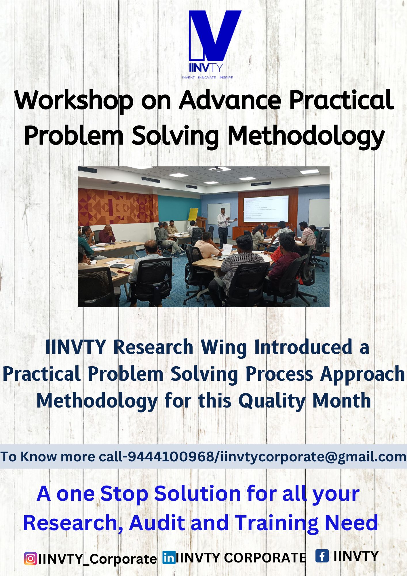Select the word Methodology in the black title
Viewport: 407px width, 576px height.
click(x=306, y=137)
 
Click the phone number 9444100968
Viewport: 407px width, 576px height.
click(x=171, y=457)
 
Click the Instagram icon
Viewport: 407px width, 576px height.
click(x=30, y=558)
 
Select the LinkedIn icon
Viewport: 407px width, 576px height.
click(x=169, y=557)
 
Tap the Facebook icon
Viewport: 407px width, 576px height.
click(x=322, y=556)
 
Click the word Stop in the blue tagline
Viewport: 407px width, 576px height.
click(x=124, y=494)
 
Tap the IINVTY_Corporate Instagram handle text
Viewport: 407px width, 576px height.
click(x=98, y=559)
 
